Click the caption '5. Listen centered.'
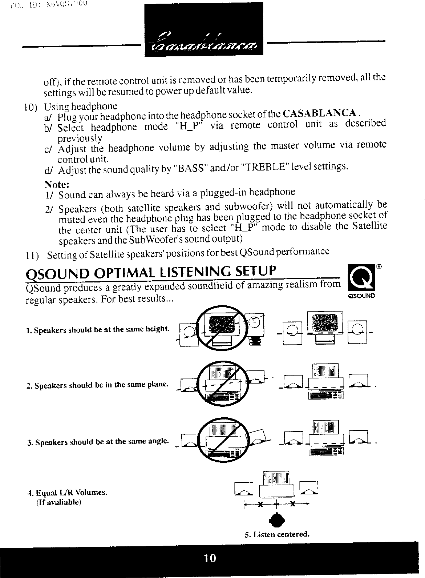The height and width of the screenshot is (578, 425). [x=277, y=535]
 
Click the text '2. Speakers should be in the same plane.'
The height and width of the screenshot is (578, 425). [x=98, y=385]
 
